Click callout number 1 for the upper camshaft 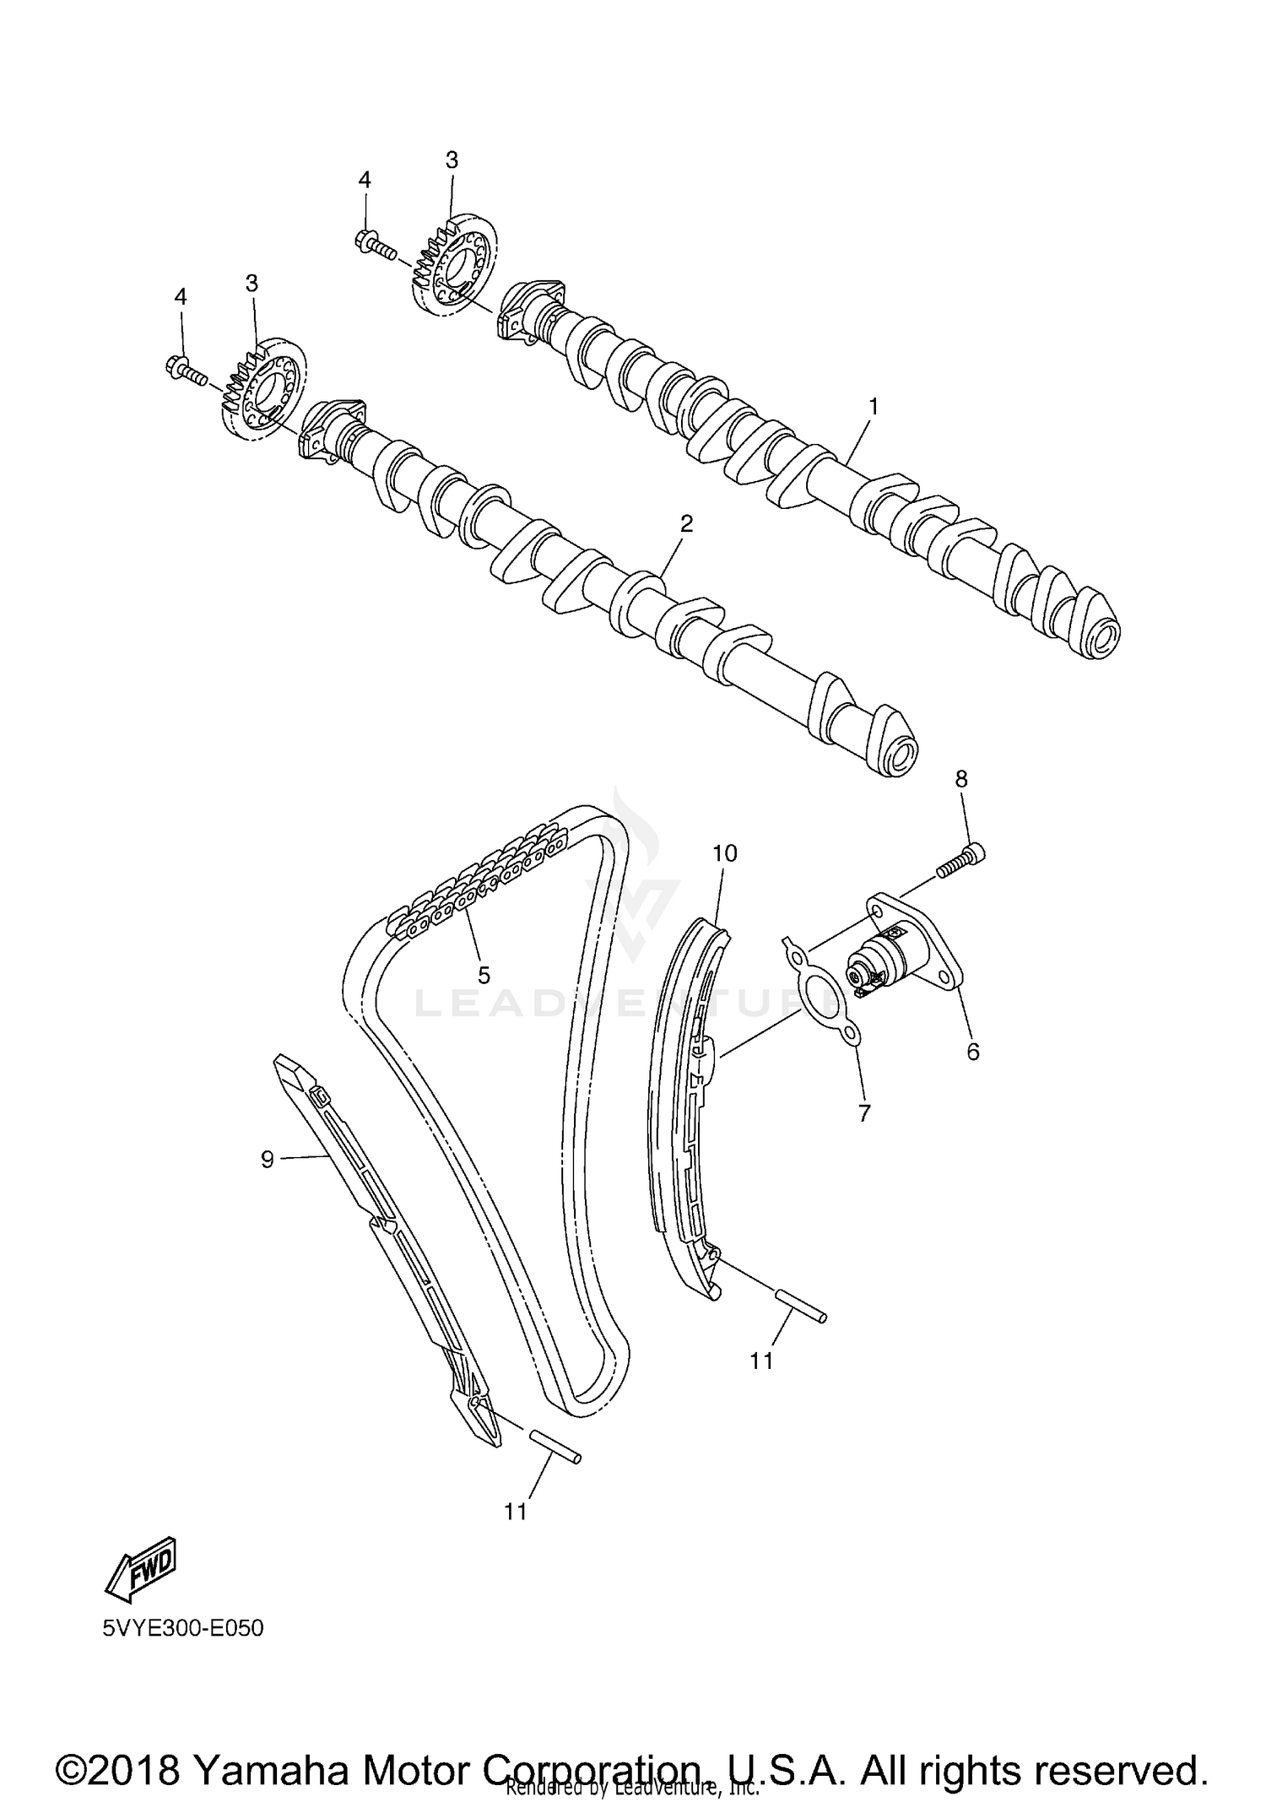[874, 407]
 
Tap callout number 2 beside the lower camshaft [686, 524]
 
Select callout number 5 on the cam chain [484, 975]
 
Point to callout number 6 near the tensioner [973, 1052]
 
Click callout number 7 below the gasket [863, 1113]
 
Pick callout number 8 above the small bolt [961, 779]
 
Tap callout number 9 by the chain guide [268, 1160]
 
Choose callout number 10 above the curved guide [724, 853]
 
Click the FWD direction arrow [140, 1567]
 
